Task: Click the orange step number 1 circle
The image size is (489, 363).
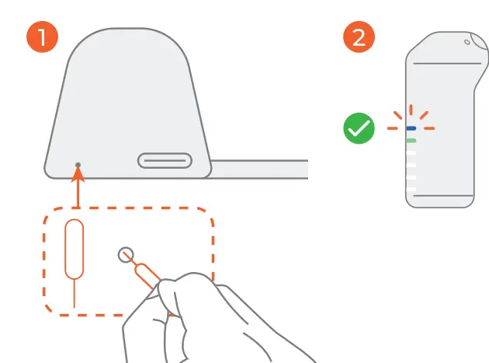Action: tap(44, 37)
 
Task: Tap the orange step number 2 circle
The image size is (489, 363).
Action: tap(359, 37)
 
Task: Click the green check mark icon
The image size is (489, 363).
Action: tap(359, 127)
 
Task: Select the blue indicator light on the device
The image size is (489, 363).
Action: tap(411, 127)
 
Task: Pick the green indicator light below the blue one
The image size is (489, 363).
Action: tap(411, 141)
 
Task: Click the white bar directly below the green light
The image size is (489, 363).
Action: tap(411, 153)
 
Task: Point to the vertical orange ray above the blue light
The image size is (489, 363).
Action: tap(411, 110)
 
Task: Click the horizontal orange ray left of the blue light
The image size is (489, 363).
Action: tap(394, 128)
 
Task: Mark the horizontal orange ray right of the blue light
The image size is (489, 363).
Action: tap(429, 128)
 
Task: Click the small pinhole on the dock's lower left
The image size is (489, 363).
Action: tap(78, 164)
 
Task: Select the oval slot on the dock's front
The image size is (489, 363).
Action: tap(165, 161)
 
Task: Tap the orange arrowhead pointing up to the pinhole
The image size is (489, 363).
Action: tap(78, 176)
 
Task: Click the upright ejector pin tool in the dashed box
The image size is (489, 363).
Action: tap(75, 249)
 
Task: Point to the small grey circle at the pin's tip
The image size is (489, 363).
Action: tap(126, 254)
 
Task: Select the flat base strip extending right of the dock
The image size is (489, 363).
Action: tap(260, 169)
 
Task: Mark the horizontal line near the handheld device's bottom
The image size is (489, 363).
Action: tap(439, 196)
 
